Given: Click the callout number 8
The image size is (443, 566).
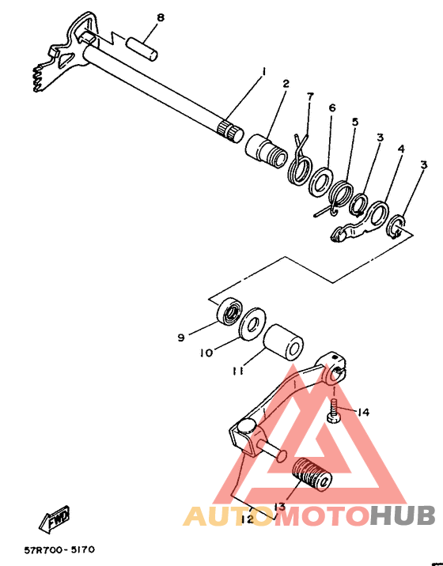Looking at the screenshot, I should [161, 17].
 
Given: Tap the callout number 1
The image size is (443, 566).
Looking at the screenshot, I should [263, 72].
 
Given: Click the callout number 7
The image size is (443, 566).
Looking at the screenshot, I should [310, 96].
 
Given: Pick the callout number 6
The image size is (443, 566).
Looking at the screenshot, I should [332, 108].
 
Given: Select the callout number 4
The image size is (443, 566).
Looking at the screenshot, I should [401, 149].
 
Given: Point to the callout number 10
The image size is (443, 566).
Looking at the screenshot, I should [206, 353].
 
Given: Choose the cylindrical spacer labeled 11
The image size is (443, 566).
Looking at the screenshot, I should [283, 341].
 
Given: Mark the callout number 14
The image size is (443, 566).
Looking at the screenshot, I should [362, 412].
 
